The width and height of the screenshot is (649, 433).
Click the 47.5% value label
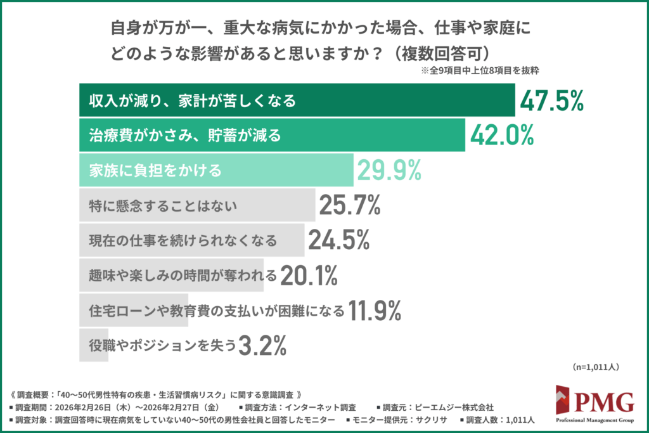point(551,100)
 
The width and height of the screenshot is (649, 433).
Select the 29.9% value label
point(390,170)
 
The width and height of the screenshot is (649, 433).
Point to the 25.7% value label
point(349,205)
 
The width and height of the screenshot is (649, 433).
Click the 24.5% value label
point(339,240)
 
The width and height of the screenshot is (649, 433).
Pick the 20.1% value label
point(309,275)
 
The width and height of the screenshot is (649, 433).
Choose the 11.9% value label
point(375,310)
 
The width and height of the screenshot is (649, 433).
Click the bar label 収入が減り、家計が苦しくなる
point(192,101)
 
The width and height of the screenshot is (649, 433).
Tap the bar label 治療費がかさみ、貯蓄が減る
point(184,136)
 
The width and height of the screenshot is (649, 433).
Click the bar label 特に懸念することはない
point(163,205)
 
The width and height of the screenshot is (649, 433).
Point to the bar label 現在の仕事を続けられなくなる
point(183,240)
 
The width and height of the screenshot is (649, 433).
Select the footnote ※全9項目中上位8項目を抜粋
point(479,71)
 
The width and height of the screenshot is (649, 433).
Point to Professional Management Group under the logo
point(595,420)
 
